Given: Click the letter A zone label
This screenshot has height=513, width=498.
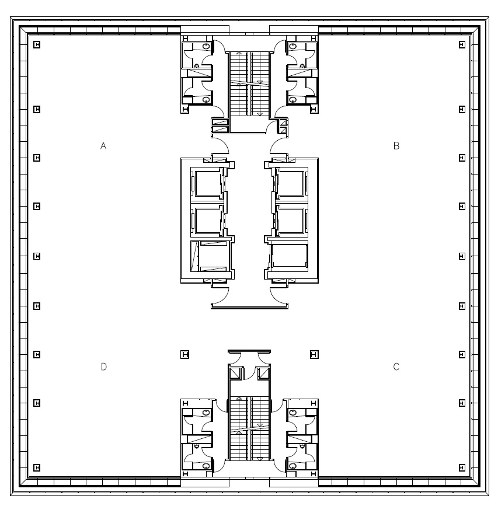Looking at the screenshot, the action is tap(103, 145).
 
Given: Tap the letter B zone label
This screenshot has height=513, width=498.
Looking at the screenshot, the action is tap(396, 145).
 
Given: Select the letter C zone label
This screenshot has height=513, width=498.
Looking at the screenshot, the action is tap(396, 367).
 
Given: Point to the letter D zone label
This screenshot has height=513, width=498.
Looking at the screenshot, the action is tap(103, 367).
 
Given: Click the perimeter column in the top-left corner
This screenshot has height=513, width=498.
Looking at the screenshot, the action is tap(37, 44).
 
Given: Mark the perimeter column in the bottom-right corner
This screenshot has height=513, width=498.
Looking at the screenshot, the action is tap(462, 468).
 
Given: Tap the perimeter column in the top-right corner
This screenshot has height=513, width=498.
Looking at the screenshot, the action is tap(462, 44).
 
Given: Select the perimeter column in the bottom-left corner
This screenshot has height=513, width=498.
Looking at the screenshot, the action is tap(37, 468).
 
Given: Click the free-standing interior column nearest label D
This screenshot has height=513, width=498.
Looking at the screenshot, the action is tap(185, 354).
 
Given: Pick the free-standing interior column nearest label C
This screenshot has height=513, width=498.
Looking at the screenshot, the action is tap(314, 354).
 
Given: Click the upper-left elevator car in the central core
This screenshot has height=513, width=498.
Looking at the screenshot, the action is tap(207, 183).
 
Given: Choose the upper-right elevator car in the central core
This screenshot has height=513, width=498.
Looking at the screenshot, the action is tap(291, 183).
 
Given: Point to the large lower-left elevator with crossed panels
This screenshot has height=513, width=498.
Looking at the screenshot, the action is tap(210, 256).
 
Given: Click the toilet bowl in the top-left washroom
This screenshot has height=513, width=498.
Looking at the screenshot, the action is tap(207, 46).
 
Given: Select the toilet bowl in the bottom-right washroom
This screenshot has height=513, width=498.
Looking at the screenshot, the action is tap(292, 466).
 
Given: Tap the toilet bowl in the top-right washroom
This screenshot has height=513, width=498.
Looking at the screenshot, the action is tap(292, 46).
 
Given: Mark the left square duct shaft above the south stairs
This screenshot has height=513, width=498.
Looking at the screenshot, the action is tap(235, 374).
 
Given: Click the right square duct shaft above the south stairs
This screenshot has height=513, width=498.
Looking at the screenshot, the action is tap(263, 374).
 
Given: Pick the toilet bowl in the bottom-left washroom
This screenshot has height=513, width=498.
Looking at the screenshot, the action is tap(207, 466).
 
